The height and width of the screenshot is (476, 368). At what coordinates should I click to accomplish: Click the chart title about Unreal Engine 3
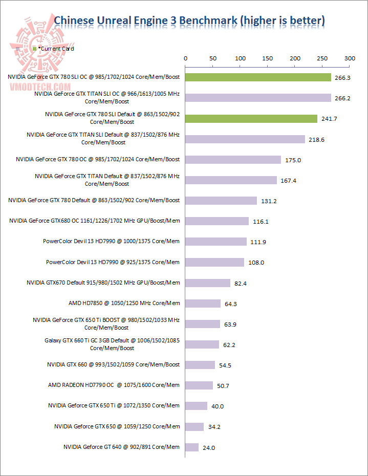tap(189, 20)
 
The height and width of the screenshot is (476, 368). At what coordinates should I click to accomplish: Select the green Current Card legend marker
tap(34, 49)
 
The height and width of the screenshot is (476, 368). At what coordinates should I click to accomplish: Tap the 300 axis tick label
tap(350, 59)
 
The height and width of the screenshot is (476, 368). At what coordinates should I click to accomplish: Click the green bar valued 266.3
tap(258, 77)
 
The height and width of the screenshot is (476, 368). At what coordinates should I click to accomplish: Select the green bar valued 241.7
tap(251, 119)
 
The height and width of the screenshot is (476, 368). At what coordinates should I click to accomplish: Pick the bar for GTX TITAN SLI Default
tap(245, 139)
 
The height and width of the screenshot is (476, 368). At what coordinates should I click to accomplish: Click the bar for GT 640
tap(192, 447)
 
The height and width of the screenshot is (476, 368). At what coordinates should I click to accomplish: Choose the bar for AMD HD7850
tap(203, 304)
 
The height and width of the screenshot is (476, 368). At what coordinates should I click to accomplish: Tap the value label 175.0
tap(293, 160)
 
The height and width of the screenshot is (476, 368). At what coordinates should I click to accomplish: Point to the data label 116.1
tap(261, 222)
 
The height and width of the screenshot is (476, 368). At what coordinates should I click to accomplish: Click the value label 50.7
tap(223, 386)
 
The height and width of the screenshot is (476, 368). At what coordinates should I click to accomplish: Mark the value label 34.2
tap(214, 427)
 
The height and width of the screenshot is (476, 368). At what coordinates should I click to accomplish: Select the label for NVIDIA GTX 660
tap(114, 364)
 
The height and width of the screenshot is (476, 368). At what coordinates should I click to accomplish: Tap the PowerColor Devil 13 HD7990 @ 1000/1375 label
tap(112, 241)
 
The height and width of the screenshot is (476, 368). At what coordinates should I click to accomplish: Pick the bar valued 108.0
tap(215, 262)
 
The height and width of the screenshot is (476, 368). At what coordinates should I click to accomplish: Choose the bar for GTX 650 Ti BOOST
tap(203, 324)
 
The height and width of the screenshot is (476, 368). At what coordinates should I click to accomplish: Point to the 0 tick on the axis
tap(185, 59)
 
